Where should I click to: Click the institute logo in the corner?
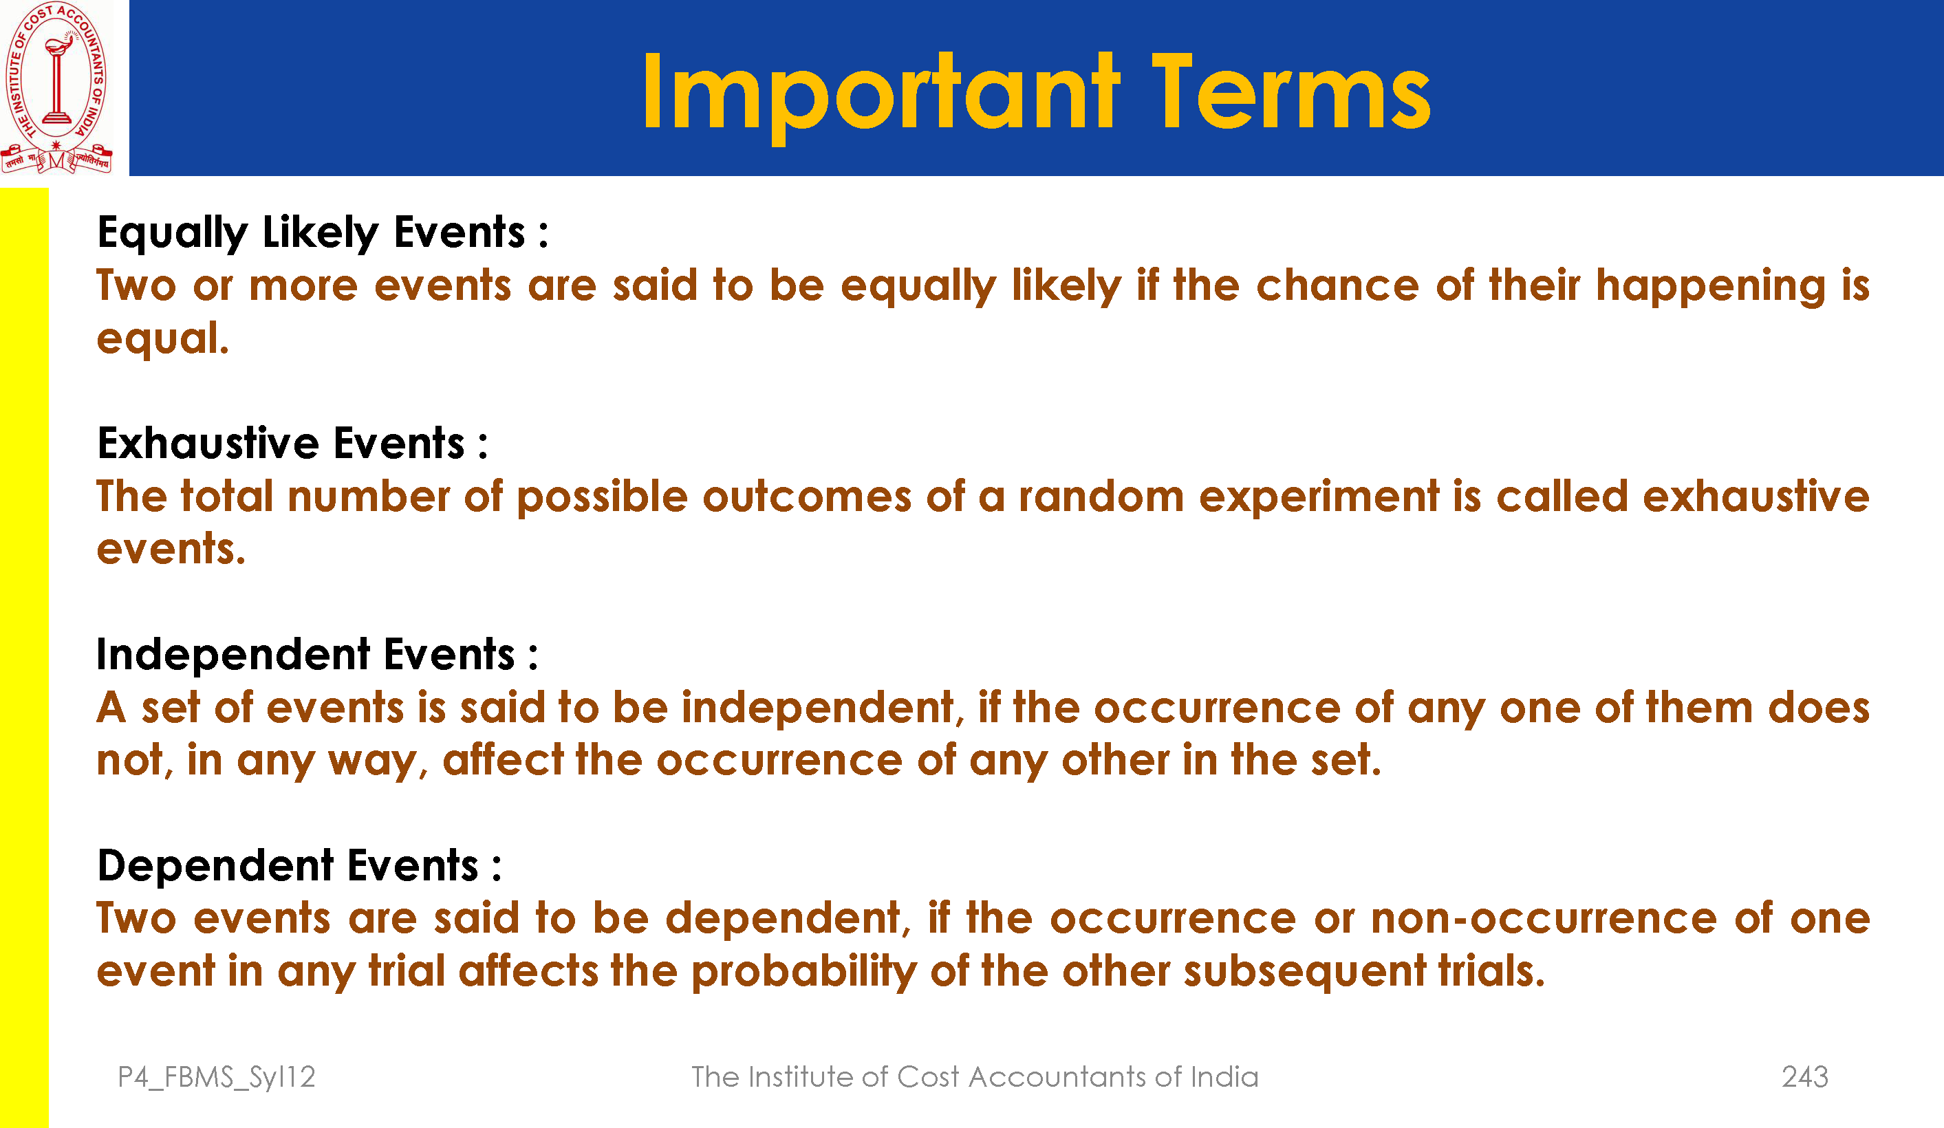tap(56, 87)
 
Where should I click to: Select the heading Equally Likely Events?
tap(323, 232)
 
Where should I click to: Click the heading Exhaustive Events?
tap(292, 443)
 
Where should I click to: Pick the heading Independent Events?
tap(317, 654)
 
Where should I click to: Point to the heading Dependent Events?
tap(299, 866)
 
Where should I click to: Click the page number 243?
tap(1805, 1076)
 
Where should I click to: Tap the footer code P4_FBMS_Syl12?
tap(217, 1077)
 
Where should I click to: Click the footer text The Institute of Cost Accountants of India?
tap(974, 1076)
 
